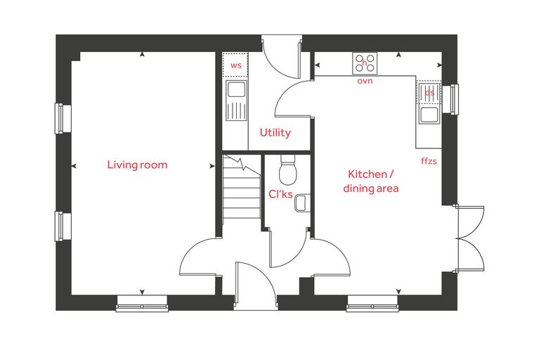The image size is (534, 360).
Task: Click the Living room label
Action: [137, 165]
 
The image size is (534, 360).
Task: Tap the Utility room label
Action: [275, 133]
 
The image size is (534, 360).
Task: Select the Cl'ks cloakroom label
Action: [280, 194]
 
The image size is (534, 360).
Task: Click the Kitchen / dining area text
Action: [371, 181]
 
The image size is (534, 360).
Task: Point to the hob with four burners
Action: [365, 63]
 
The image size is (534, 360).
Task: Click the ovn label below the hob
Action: [365, 81]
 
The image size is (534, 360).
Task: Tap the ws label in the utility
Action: [235, 65]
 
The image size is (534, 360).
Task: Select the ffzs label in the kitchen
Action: [429, 160]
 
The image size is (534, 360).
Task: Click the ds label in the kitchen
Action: [429, 92]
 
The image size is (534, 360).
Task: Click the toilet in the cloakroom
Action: [288, 170]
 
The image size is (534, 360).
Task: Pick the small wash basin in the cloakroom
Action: [302, 202]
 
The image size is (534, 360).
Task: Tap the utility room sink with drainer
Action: [236, 101]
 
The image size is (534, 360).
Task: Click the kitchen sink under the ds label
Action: [429, 102]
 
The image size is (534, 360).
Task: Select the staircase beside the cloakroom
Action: [242, 189]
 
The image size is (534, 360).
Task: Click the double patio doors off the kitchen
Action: [470, 238]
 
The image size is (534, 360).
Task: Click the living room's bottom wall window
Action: [143, 304]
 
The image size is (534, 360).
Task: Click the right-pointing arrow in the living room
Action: [212, 166]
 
